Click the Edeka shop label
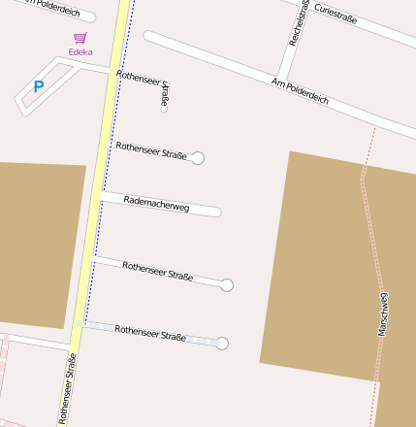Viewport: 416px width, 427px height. point(80,51)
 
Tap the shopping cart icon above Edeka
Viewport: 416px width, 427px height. point(80,38)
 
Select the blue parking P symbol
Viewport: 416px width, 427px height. point(39,86)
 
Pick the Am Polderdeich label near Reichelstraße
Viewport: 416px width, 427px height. point(302,92)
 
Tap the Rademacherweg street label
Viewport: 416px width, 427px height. point(156,203)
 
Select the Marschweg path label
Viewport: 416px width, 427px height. point(383,313)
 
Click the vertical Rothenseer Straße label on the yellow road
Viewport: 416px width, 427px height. point(70,388)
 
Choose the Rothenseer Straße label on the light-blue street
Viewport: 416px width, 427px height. point(150,334)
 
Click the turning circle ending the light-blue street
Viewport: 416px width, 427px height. point(223,344)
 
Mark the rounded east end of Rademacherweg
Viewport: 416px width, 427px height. point(216,211)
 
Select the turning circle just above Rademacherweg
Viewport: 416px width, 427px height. point(199,157)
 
